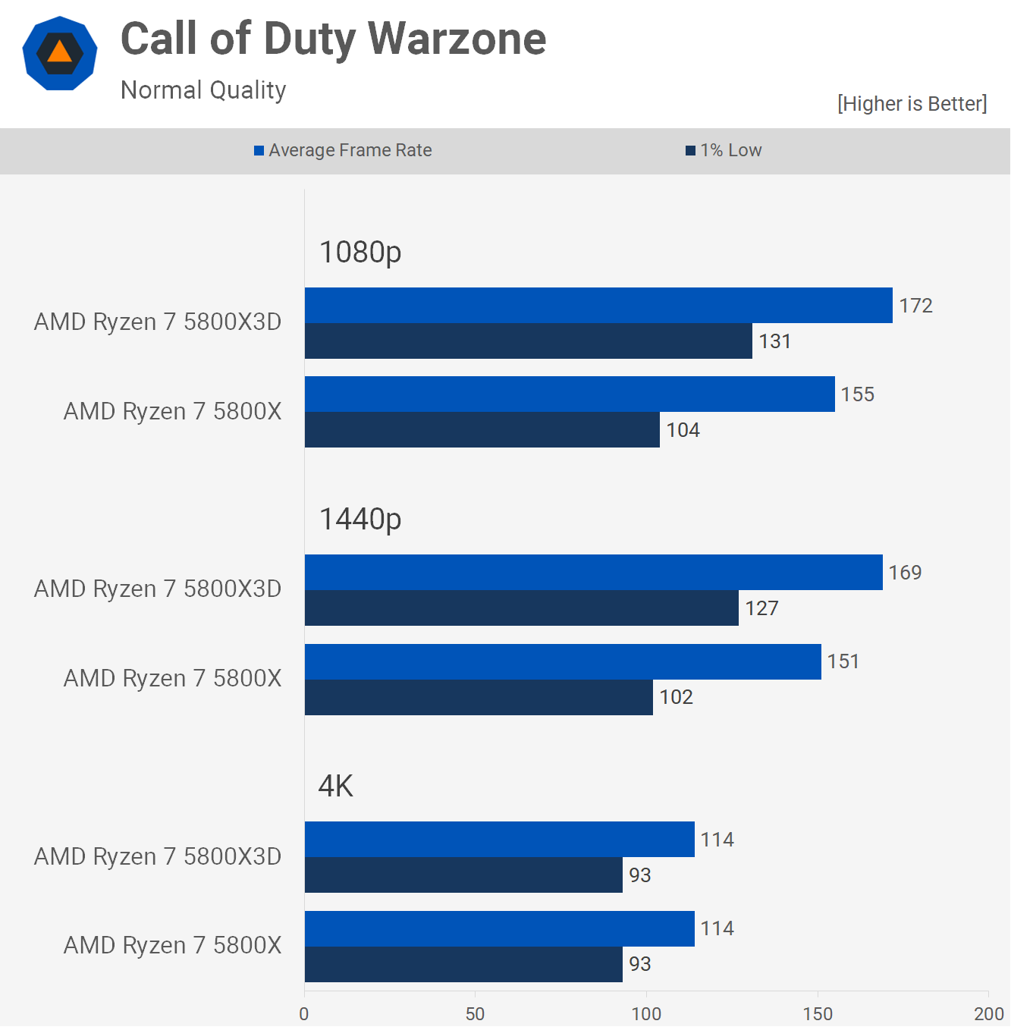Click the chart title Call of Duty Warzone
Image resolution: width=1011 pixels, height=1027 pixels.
pos(333,39)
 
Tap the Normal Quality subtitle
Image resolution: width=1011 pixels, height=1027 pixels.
pos(203,90)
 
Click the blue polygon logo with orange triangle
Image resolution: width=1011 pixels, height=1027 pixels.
pos(60,53)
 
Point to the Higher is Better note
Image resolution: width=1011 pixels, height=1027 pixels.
pos(912,104)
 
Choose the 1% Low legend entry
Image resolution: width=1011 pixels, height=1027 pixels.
pos(724,150)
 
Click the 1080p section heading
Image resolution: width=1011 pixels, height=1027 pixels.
pos(360,252)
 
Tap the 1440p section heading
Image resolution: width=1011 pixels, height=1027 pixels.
pos(360,520)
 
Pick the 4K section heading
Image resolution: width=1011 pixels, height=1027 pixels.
pos(336,787)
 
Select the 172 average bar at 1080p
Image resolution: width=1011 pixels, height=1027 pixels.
pos(598,305)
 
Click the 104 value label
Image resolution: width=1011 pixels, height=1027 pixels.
pos(683,430)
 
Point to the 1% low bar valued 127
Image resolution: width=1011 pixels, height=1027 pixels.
pos(521,608)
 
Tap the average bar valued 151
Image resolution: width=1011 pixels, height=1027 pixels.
pos(563,661)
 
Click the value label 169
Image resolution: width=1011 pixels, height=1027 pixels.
pos(905,573)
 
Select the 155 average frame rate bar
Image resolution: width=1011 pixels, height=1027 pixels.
pos(570,394)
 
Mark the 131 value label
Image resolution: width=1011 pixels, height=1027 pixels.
pos(774,341)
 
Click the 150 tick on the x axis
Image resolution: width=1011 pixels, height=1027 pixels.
pos(818,1014)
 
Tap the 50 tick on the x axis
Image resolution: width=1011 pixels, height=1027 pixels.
pos(475,1014)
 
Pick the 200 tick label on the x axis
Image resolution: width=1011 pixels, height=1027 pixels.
pos(988,1014)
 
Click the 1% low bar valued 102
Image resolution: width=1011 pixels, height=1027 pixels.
pos(479,697)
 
